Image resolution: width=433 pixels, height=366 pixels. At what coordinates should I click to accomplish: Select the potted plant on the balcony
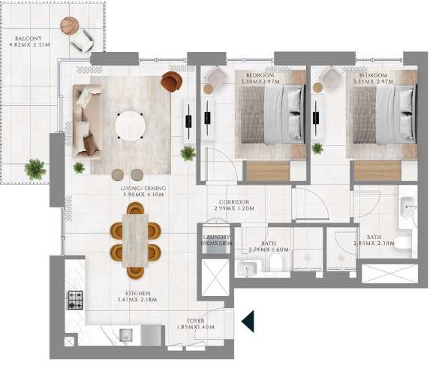34,168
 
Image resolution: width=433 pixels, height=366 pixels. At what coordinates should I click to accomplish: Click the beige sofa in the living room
86,120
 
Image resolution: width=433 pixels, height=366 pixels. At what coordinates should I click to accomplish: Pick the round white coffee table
131,124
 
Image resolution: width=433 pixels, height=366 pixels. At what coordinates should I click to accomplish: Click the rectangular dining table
135,240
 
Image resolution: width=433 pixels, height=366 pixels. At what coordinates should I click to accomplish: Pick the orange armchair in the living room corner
171,80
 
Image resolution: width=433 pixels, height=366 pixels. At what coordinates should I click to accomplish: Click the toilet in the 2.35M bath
275,262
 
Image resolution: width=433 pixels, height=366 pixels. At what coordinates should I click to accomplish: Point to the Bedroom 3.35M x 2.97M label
373,79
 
